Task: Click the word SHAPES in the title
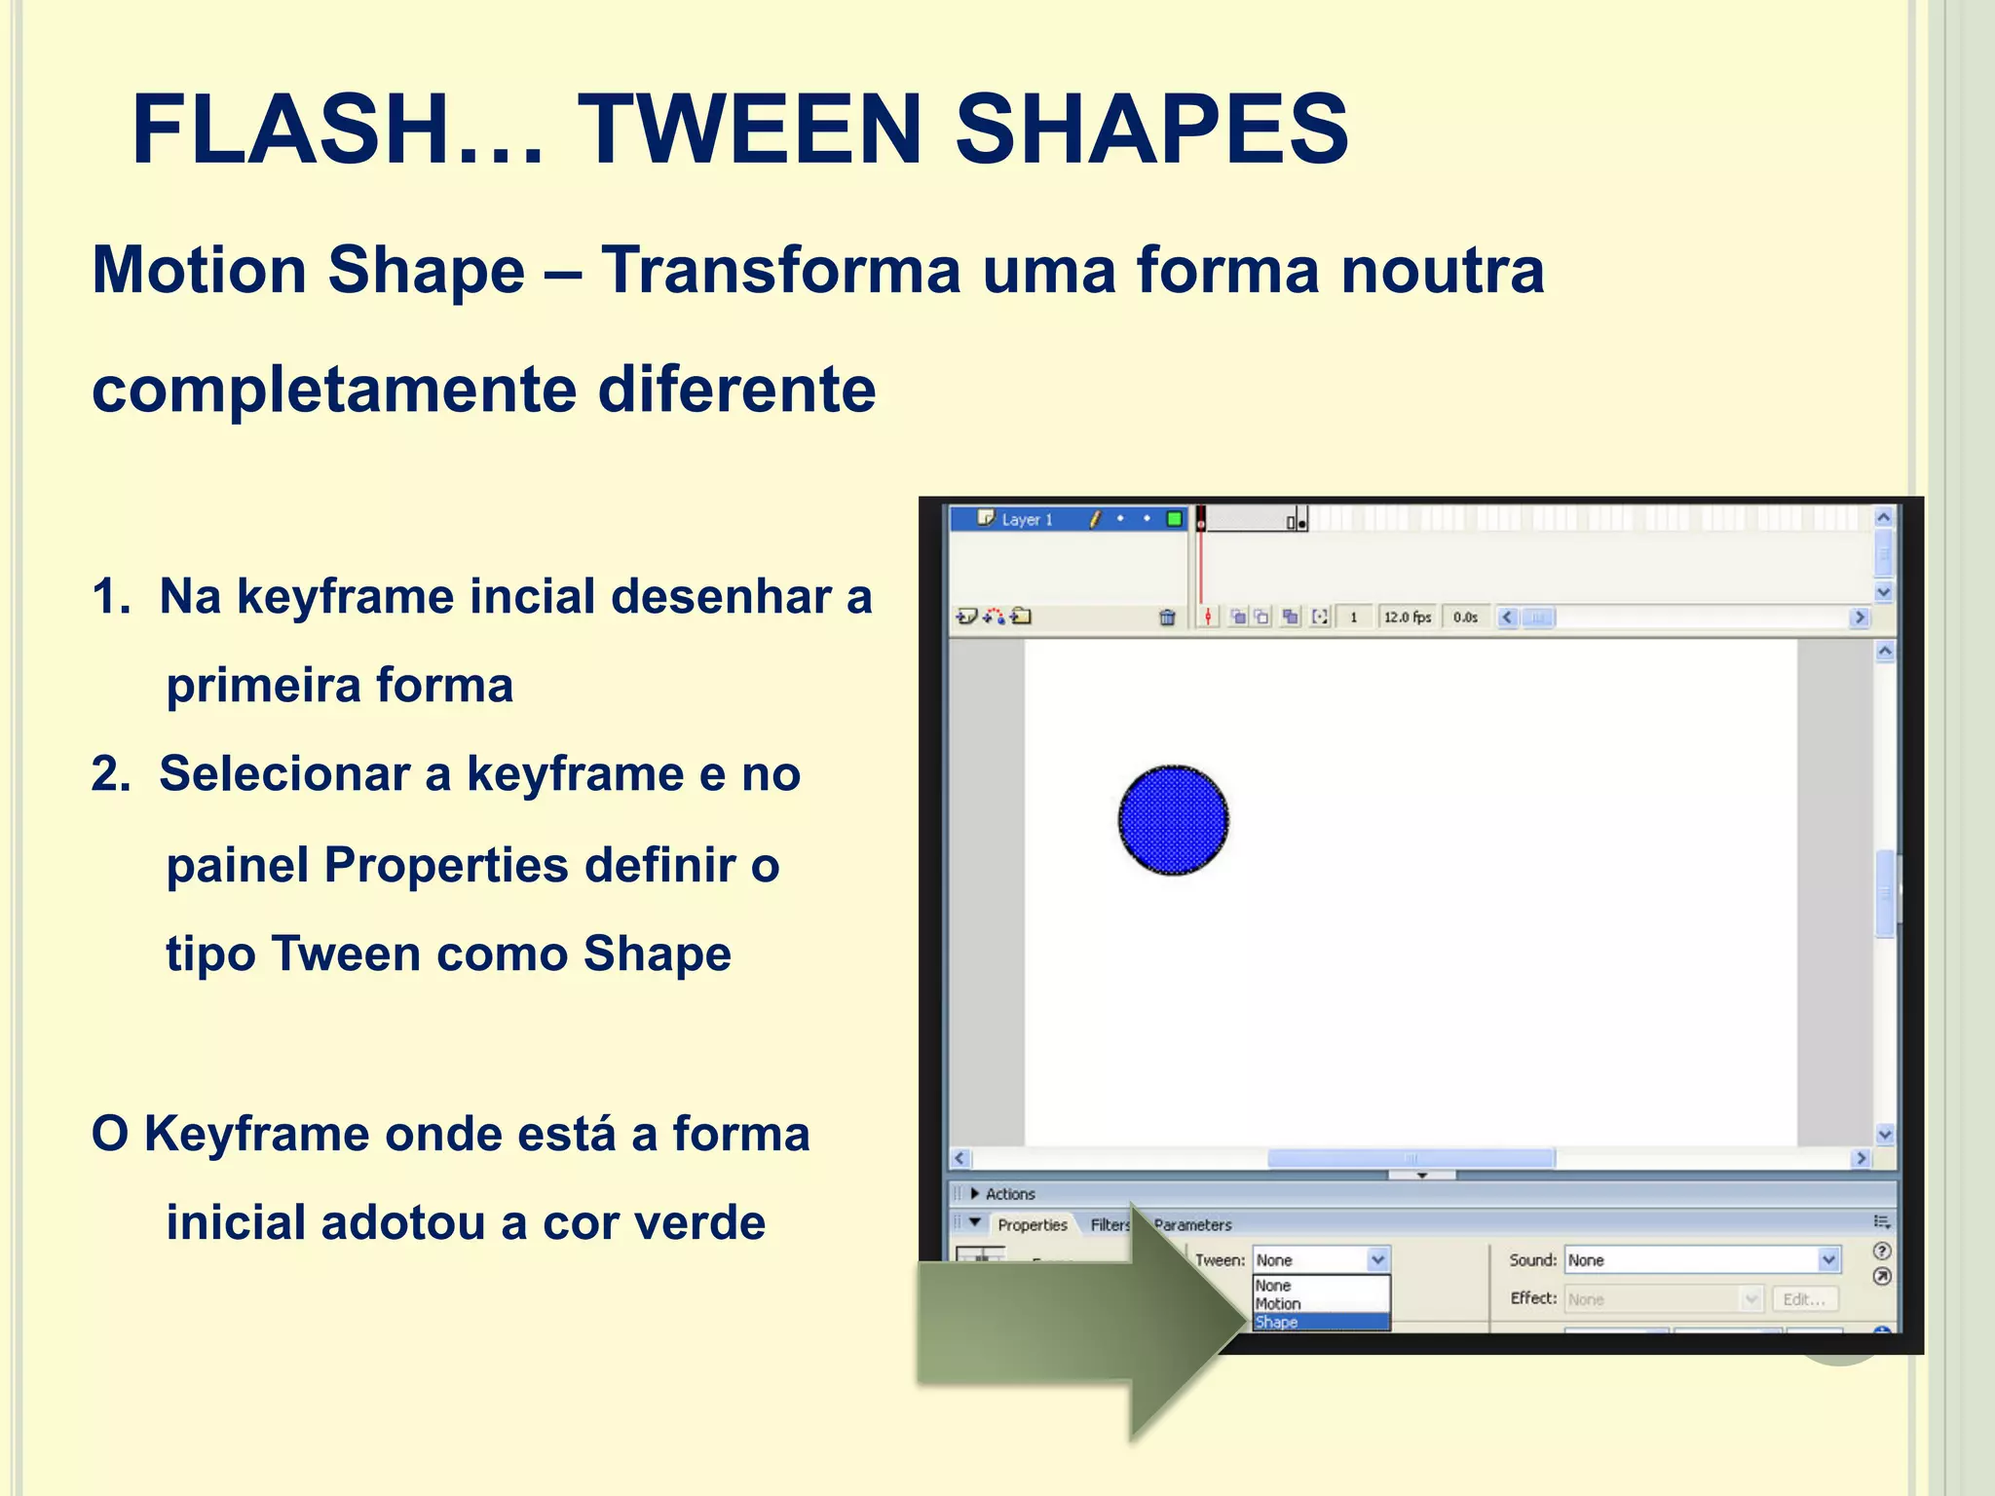(1151, 130)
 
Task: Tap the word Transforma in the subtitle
(780, 270)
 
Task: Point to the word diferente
(736, 390)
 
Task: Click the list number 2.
(109, 774)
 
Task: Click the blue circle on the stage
(1173, 820)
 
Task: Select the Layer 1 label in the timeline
(1027, 520)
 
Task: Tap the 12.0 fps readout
(1407, 617)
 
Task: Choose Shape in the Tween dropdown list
(1276, 1323)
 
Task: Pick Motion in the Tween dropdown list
(1278, 1304)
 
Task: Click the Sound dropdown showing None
(1701, 1260)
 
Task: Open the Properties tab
(1032, 1225)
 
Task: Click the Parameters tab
(1193, 1225)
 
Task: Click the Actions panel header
(1010, 1194)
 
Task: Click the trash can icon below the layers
(1167, 617)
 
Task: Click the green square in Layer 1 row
(1175, 519)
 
